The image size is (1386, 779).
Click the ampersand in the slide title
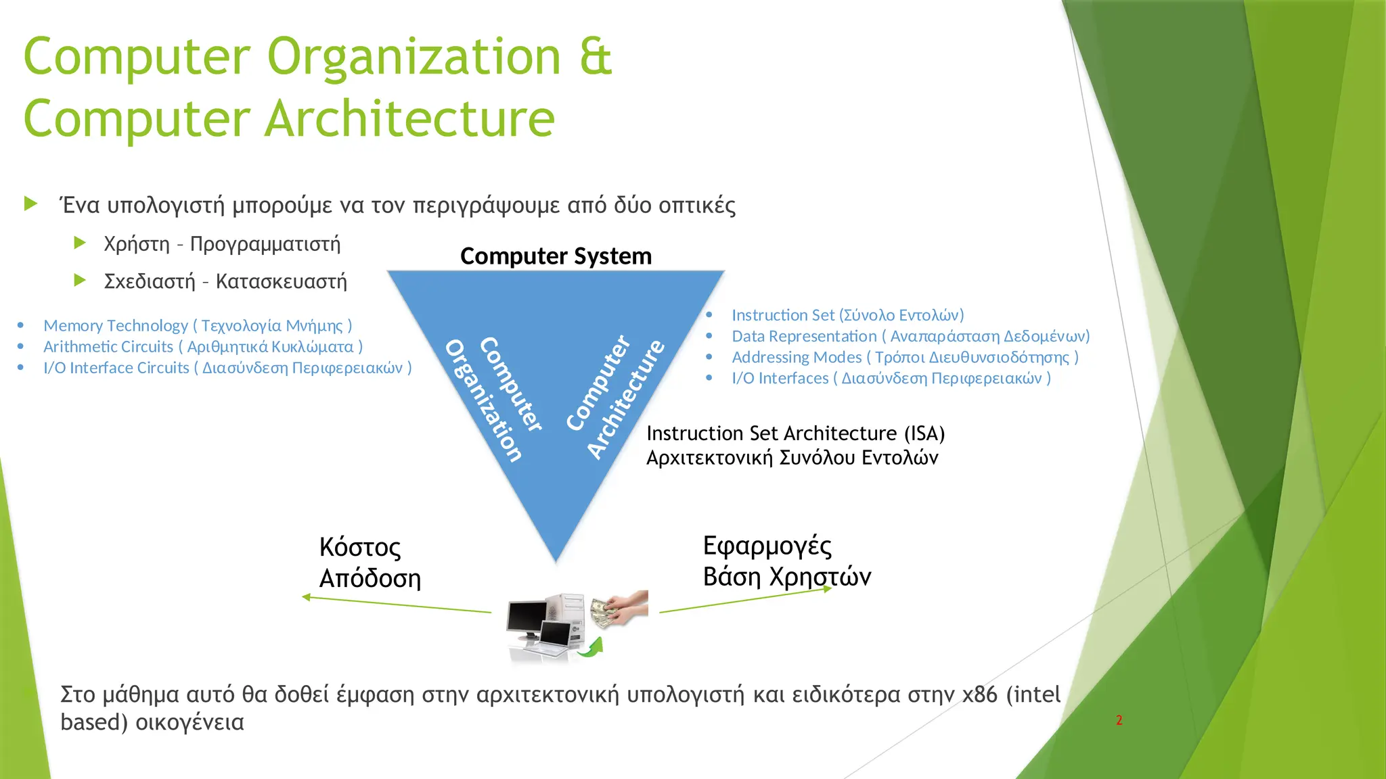[x=596, y=57]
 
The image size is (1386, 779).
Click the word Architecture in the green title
[x=409, y=119]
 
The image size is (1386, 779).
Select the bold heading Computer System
[x=556, y=256]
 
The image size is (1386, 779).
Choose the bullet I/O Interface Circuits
[x=227, y=368]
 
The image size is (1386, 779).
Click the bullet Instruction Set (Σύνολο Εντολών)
[x=847, y=315]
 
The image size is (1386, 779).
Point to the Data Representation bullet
[x=910, y=336]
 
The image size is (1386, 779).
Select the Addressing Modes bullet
[x=905, y=357]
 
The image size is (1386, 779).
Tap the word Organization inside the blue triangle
[x=484, y=400]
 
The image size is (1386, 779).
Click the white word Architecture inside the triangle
[x=626, y=399]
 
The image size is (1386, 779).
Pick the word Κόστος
[x=360, y=547]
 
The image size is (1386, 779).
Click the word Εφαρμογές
[x=767, y=546]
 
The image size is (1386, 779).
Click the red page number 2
[x=1119, y=721]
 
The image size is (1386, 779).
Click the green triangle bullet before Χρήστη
[x=80, y=243]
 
